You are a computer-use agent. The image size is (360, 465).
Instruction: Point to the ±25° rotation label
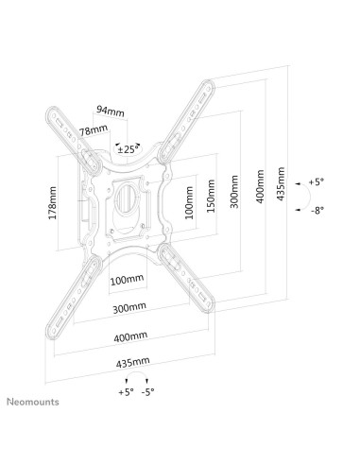pos(127,148)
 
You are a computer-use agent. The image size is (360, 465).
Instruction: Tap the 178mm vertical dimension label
pos(53,200)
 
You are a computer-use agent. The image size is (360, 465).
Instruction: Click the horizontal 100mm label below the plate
pos(127,280)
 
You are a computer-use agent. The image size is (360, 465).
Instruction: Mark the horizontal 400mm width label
pos(129,336)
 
